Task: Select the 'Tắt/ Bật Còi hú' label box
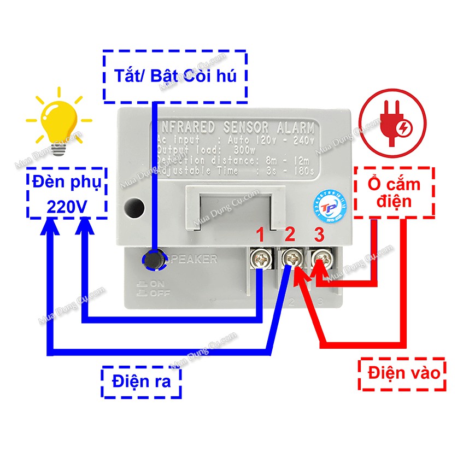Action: tap(175, 76)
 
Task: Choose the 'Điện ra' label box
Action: tap(141, 382)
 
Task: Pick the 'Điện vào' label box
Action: tap(403, 374)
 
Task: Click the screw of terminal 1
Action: tap(262, 257)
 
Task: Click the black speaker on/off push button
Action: tap(155, 260)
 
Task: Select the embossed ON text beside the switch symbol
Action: tap(157, 284)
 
